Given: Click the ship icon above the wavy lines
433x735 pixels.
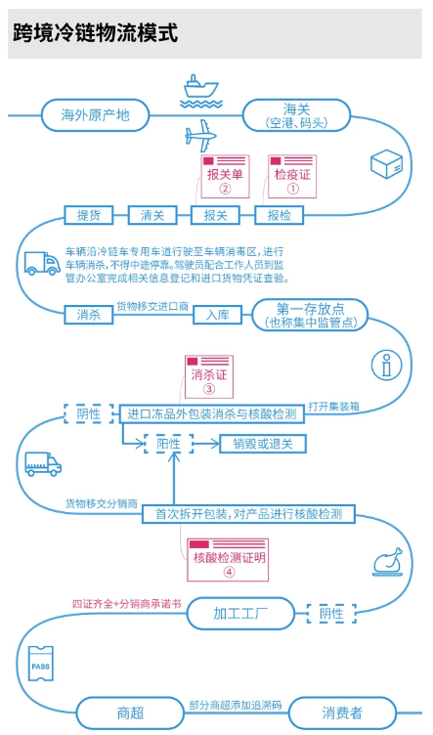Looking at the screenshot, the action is (x=201, y=87).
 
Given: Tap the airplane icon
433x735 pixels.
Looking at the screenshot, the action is (x=201, y=136).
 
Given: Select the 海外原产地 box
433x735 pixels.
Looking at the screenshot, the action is (x=95, y=115).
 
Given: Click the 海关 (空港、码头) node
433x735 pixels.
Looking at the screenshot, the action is (x=296, y=115).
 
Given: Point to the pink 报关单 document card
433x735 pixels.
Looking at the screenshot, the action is (x=226, y=177).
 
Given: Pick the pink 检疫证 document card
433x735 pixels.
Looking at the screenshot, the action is (x=292, y=177).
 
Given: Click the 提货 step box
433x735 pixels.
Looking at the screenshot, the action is (x=89, y=216).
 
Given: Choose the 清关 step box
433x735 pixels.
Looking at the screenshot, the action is (x=152, y=216).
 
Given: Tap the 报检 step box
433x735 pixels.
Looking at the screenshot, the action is (x=280, y=216).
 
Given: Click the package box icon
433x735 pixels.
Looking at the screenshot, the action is (x=387, y=163).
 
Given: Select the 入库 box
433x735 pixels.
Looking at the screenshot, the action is (x=218, y=315).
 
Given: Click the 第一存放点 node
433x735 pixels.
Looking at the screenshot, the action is (x=310, y=315).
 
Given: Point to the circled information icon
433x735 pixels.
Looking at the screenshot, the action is (x=387, y=366).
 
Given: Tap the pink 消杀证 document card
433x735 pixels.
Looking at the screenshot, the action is (x=209, y=377).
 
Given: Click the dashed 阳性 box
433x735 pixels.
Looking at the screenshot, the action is (x=169, y=444).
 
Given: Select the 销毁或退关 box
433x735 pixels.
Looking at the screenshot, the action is (x=263, y=444).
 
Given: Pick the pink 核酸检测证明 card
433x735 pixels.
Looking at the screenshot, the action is (x=228, y=560).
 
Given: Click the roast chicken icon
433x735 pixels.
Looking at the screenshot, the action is (x=388, y=562).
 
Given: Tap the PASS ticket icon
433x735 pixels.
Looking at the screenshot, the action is (x=41, y=664).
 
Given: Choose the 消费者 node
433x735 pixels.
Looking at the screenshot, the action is (x=342, y=713).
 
